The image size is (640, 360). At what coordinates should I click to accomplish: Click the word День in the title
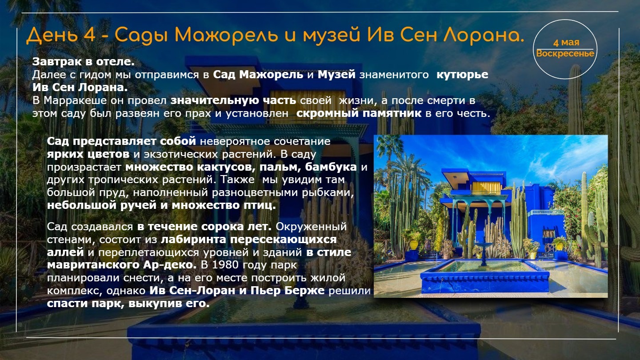[x=52, y=36]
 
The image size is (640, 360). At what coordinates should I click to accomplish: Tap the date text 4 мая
[x=566, y=43]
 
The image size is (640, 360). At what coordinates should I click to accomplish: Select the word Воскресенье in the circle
[x=565, y=53]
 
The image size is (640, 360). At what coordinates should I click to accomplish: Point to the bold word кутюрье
[x=462, y=75]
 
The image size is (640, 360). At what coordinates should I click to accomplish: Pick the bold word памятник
[x=392, y=113]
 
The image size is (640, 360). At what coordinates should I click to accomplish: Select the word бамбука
[x=331, y=167]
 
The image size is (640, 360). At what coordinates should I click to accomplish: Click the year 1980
[x=225, y=265]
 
